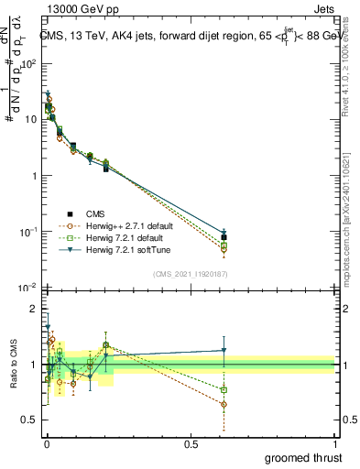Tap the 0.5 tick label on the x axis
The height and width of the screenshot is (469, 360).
pyautogui.click(x=191, y=444)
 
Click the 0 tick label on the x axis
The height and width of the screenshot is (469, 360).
pyautogui.click(x=47, y=444)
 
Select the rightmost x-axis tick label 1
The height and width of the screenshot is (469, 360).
pyautogui.click(x=335, y=444)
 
